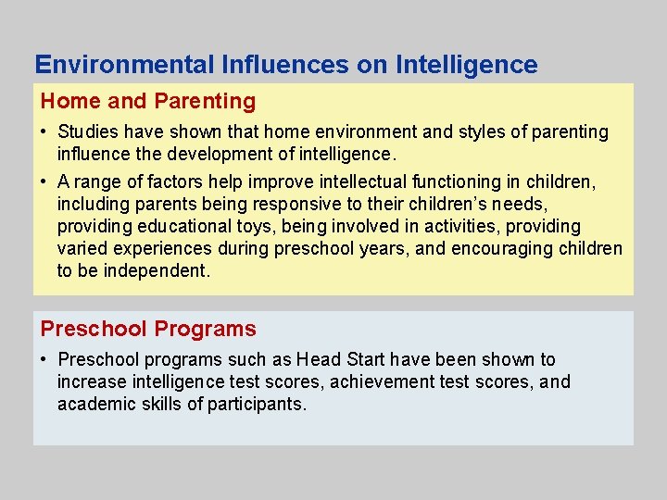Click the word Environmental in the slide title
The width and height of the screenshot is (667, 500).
click(124, 65)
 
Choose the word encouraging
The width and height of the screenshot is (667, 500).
click(500, 249)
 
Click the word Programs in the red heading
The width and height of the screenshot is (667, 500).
click(205, 329)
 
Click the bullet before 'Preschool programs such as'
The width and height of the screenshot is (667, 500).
click(44, 359)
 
